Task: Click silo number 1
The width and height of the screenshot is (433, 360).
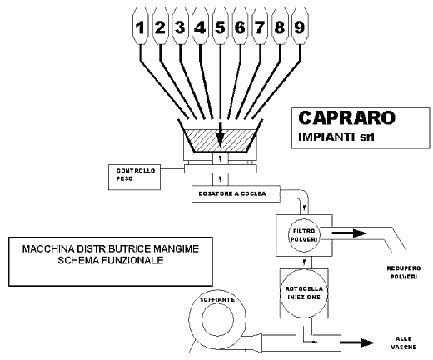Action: tap(141, 26)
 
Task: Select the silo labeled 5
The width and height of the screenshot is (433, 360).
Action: tap(220, 26)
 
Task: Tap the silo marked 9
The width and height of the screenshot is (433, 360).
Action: tap(300, 26)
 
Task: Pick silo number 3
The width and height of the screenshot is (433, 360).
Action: tap(180, 26)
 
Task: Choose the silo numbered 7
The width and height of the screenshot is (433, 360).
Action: tap(260, 26)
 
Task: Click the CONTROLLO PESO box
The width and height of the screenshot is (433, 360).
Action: tap(134, 177)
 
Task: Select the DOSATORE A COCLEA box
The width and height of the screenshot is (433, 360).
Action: tap(236, 194)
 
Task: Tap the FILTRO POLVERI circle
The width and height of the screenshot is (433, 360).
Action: tap(304, 235)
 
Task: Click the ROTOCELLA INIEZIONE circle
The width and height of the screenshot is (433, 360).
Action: tap(304, 292)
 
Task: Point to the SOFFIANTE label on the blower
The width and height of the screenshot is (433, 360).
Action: tap(217, 299)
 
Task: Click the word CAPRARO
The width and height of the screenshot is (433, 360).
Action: tap(346, 117)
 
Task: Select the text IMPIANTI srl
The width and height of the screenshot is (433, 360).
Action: tap(336, 137)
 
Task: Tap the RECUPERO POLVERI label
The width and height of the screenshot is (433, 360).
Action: tap(404, 272)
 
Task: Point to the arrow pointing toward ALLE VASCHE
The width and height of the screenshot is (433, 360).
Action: tap(357, 342)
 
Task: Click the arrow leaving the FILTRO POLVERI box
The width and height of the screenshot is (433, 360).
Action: tap(350, 232)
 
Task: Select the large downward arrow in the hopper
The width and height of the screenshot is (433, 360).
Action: tap(220, 135)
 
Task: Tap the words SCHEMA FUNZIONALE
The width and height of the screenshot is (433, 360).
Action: tap(111, 260)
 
